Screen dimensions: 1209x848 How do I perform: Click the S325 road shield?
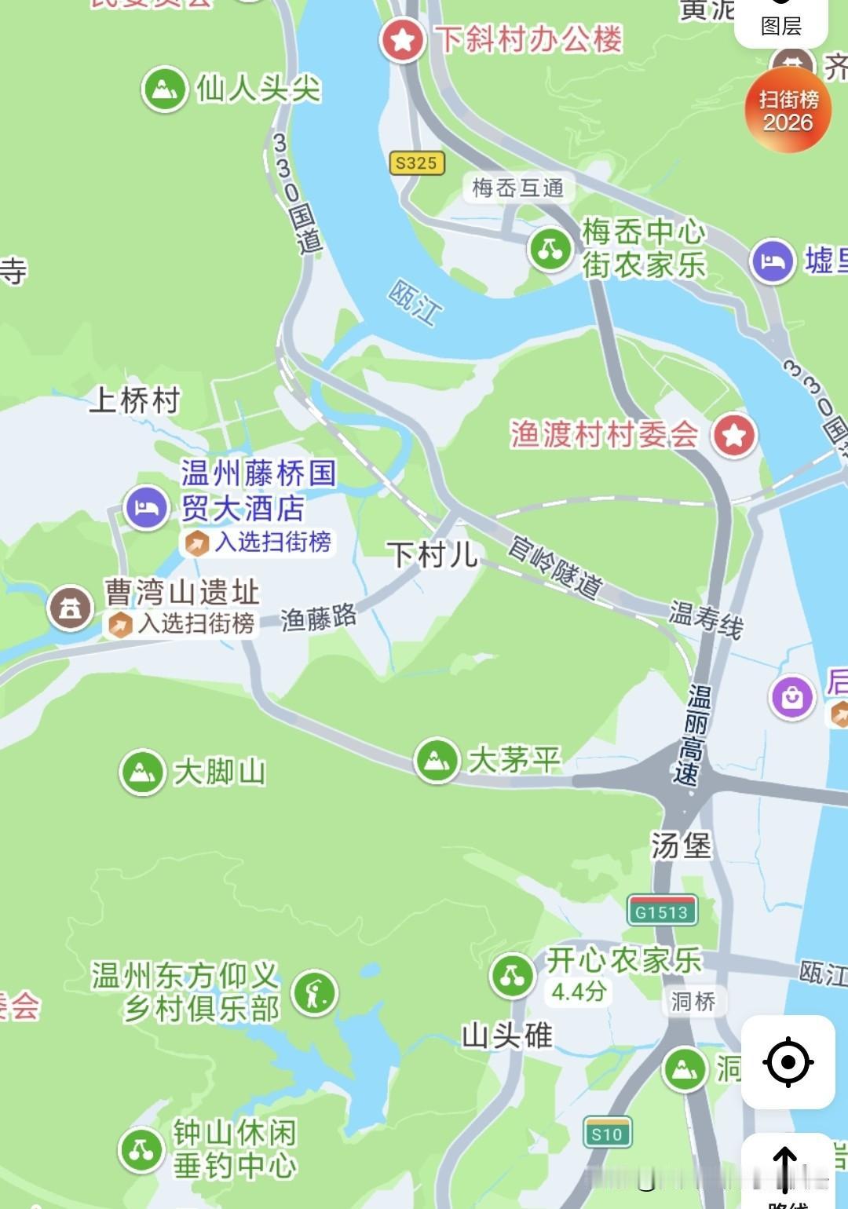pos(416,163)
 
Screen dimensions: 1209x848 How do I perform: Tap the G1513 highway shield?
pos(661,911)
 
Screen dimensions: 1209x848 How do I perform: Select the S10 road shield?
pos(607,1134)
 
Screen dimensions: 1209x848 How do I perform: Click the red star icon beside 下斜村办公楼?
pos(403,40)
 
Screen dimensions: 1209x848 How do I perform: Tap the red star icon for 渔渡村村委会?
pos(734,435)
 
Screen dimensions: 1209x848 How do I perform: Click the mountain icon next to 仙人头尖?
pos(164,89)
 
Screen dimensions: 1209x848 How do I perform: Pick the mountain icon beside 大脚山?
pos(142,772)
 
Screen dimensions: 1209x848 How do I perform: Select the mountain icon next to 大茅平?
pos(437,760)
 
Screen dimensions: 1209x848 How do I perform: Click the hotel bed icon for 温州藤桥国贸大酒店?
pos(146,508)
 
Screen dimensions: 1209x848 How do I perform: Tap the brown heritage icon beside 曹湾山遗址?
pos(71,608)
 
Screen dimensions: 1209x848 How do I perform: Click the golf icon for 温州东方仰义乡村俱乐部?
pos(315,992)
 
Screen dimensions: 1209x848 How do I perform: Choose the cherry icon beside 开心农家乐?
pos(512,976)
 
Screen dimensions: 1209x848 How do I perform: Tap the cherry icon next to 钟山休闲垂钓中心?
pos(141,1149)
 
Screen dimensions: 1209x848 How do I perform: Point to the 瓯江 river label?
pos(415,302)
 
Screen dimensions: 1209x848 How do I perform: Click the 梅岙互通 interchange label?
pos(517,188)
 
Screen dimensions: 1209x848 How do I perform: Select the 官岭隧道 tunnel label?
pos(556,566)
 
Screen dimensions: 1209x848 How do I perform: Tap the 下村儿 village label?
pos(433,555)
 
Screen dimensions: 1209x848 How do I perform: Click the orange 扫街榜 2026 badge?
pos(788,111)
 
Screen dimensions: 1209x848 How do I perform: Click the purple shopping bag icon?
pos(791,696)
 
